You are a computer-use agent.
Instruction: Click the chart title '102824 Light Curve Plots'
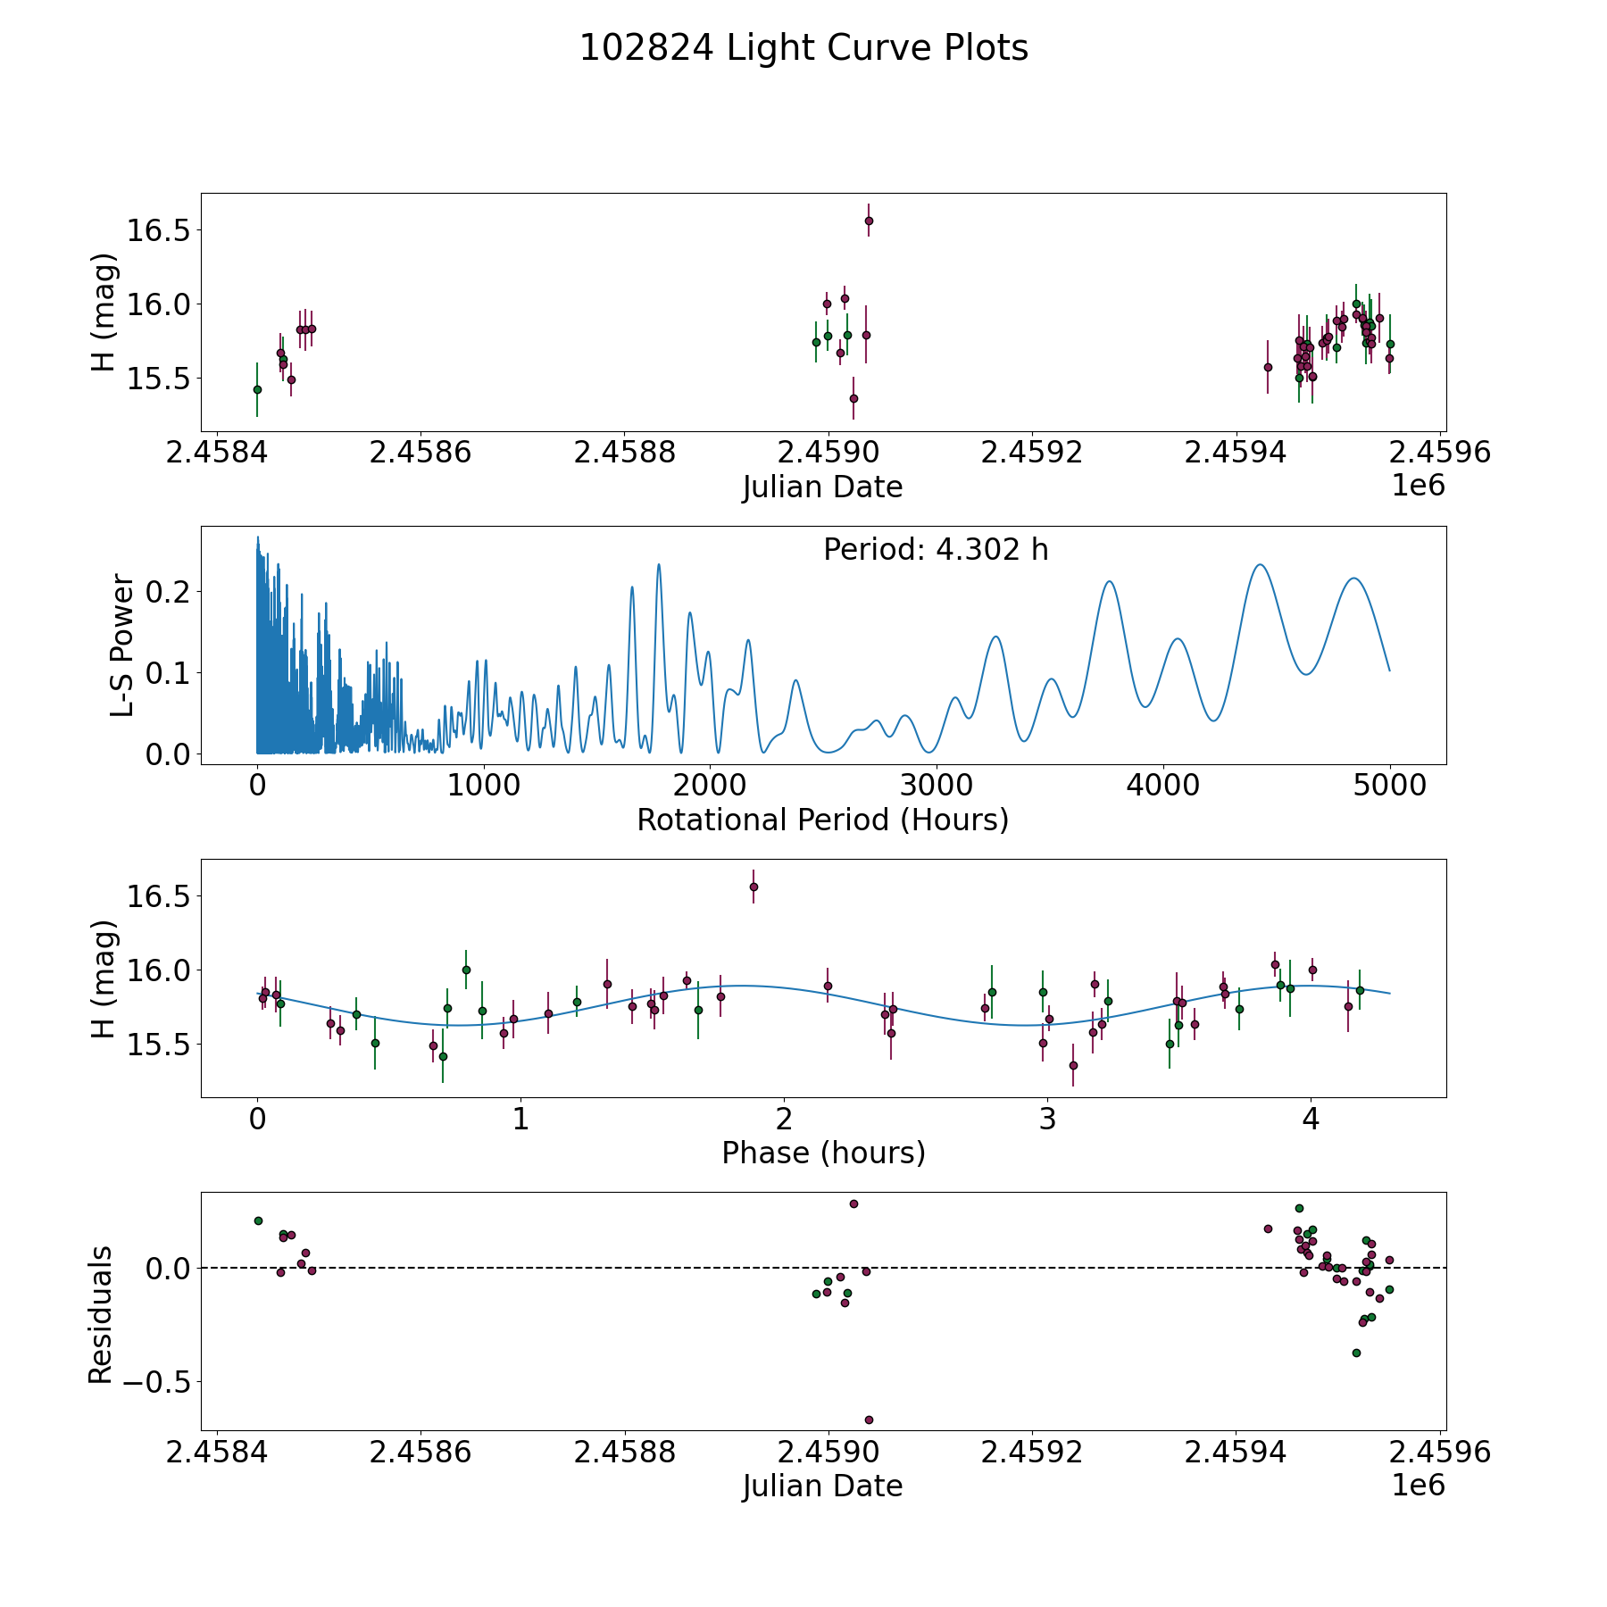pyautogui.click(x=803, y=48)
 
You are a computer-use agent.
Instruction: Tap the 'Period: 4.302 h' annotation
pyautogui.click(x=936, y=550)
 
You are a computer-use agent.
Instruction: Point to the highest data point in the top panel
pyautogui.click(x=869, y=221)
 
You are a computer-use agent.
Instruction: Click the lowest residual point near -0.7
pyautogui.click(x=869, y=1420)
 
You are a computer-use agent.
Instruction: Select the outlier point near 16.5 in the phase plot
pyautogui.click(x=754, y=887)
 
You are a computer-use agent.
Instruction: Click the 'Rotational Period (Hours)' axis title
pyautogui.click(x=822, y=820)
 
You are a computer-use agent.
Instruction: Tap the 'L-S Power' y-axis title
pyautogui.click(x=122, y=645)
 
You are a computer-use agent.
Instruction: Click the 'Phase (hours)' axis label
pyautogui.click(x=823, y=1153)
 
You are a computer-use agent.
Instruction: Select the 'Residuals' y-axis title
pyautogui.click(x=100, y=1314)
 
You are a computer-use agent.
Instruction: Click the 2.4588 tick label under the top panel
pyautogui.click(x=624, y=452)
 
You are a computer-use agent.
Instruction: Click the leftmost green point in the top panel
pyautogui.click(x=257, y=389)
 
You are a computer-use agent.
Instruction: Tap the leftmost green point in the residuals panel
pyautogui.click(x=258, y=1220)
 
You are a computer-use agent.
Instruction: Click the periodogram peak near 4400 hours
pyautogui.click(x=1260, y=564)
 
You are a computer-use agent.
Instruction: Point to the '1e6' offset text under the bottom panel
pyautogui.click(x=1418, y=1486)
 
